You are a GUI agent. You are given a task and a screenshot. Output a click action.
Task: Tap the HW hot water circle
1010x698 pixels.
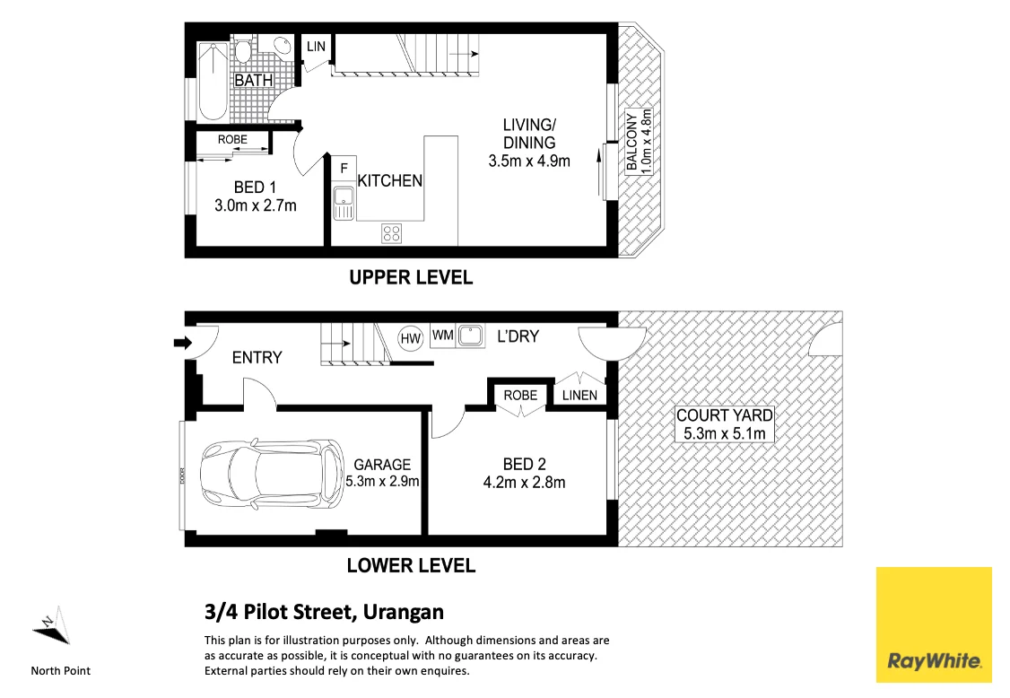[x=410, y=338]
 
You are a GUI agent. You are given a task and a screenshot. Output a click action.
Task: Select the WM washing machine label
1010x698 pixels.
[x=442, y=336]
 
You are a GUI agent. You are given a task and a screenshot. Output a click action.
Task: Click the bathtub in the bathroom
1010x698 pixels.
[x=213, y=82]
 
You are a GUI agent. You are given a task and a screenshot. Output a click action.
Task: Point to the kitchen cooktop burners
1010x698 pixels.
[x=391, y=232]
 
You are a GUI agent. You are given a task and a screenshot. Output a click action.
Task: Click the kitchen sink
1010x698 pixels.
[x=344, y=204]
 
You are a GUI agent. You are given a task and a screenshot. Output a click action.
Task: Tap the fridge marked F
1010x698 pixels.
[x=344, y=168]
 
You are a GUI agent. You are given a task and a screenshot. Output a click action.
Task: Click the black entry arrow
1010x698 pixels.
[x=183, y=343]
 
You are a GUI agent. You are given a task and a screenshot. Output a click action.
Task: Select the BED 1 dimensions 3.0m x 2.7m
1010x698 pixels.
[x=256, y=205]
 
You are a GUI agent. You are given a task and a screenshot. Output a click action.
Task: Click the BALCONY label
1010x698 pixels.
[x=631, y=142]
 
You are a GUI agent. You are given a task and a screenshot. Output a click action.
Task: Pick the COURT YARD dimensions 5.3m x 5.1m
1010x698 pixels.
[x=724, y=433]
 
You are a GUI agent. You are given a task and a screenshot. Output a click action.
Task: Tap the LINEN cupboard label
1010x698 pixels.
[x=579, y=395]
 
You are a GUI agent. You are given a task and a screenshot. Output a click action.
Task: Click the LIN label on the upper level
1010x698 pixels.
[x=316, y=47]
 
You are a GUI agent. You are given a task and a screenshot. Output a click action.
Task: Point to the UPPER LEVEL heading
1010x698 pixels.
[x=411, y=278]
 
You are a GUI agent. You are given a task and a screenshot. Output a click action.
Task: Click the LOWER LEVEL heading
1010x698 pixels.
[x=411, y=566]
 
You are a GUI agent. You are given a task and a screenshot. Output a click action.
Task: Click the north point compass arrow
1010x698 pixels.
[x=51, y=625]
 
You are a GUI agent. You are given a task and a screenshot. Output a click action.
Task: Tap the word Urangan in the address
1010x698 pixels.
[x=404, y=612]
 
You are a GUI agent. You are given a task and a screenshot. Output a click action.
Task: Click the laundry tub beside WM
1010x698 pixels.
[x=470, y=336]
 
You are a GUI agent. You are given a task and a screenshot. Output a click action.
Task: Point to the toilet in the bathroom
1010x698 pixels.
[x=243, y=51]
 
